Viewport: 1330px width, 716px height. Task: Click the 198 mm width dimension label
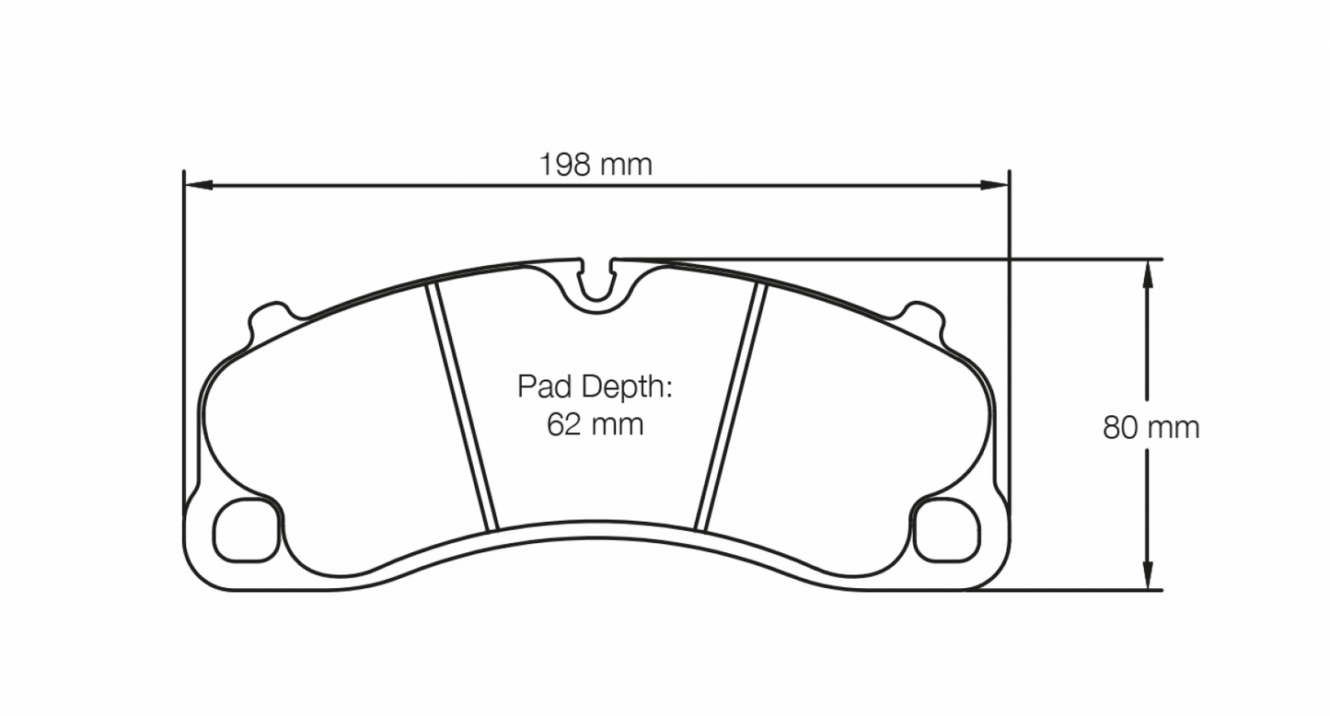point(596,165)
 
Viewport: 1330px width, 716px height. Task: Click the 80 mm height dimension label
point(1151,428)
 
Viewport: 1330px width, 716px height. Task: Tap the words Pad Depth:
point(595,387)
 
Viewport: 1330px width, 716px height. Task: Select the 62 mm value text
point(595,425)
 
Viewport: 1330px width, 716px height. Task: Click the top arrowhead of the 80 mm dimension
point(1148,272)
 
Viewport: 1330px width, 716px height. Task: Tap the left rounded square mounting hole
point(246,529)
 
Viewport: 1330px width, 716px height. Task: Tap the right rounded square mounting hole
point(947,529)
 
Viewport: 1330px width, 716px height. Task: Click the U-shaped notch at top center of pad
point(598,282)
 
